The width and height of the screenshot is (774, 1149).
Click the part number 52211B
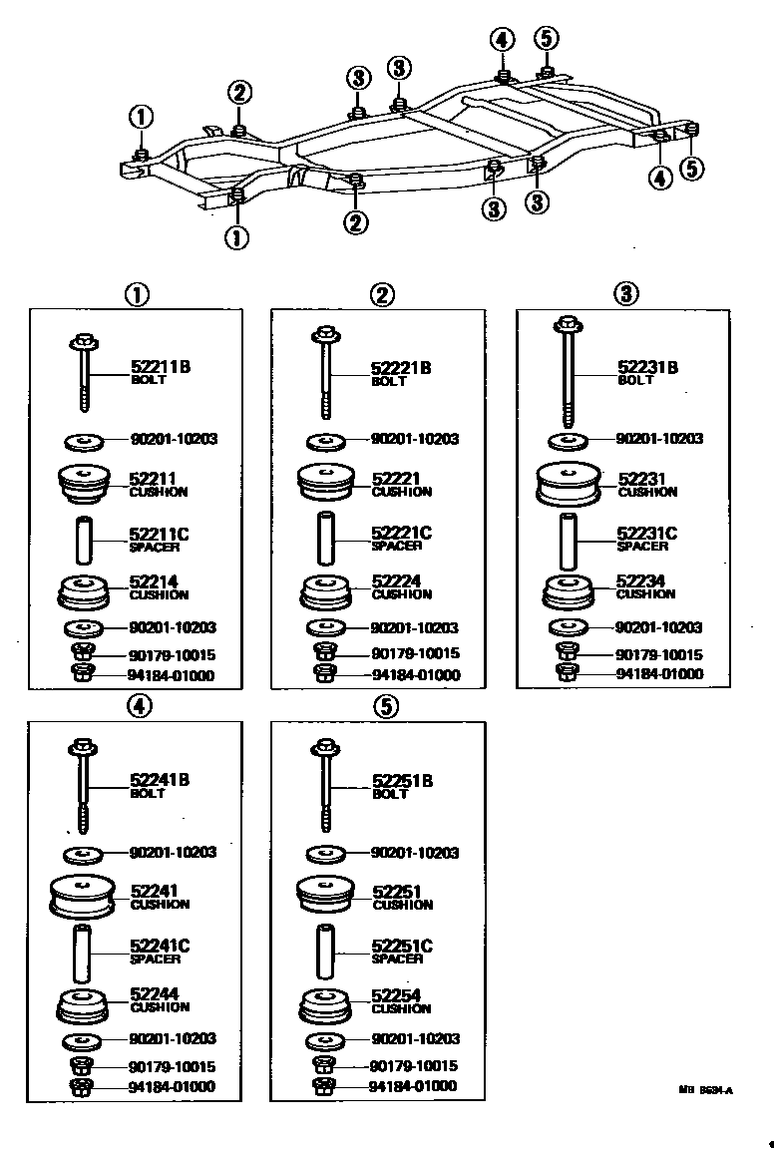pos(160,367)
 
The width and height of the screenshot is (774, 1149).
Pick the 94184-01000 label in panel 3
pos(659,674)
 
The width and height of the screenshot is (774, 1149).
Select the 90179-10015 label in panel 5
pos(414,1066)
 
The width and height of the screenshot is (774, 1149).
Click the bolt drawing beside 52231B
pos(568,369)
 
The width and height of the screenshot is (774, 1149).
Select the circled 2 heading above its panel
pos(382,294)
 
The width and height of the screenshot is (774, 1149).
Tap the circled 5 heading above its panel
pos(387,707)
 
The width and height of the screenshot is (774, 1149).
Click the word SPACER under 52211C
pos(149,547)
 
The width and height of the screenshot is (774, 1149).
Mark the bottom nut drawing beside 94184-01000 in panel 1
pos(84,675)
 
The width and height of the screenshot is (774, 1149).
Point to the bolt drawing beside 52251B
pos(325,783)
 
